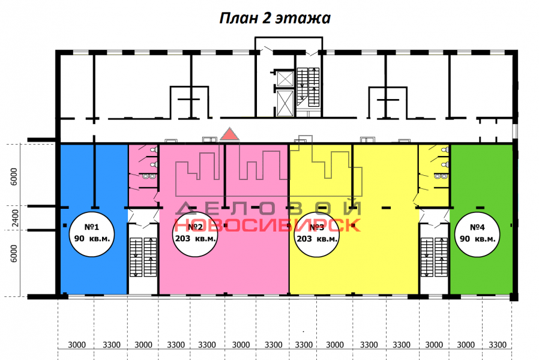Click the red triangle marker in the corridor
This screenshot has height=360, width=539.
[229, 134]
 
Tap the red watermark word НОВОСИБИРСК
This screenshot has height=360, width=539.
[268, 225]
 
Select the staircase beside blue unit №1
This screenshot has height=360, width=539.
[143, 257]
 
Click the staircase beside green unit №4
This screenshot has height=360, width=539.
[435, 257]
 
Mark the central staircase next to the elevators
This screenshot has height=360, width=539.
[309, 87]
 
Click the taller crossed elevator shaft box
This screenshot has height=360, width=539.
[285, 103]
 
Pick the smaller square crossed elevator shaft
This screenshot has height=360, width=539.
[285, 79]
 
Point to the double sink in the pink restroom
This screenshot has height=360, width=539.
[149, 176]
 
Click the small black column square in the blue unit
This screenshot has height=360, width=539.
[65, 226]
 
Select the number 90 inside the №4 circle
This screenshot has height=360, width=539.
[465, 238]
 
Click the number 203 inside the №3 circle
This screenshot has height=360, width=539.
[304, 238]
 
